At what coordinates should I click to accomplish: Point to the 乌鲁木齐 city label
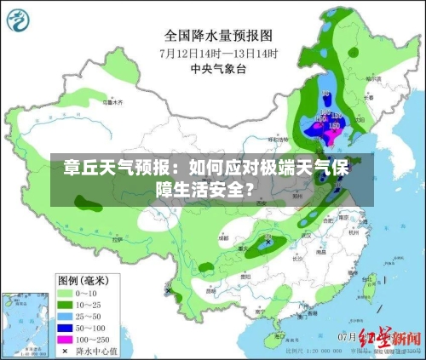point(112,101)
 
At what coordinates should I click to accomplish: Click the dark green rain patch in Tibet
point(86,203)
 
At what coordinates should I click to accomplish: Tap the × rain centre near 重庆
point(268,242)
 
